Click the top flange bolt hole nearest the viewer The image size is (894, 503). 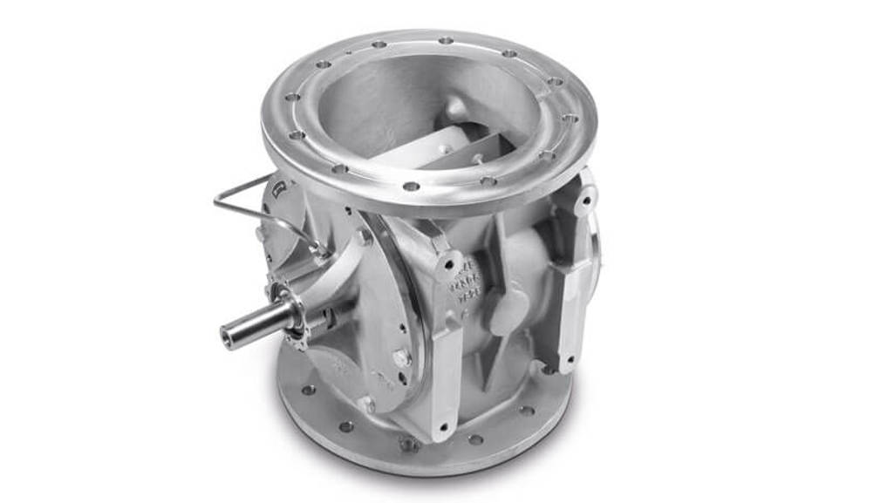point(411,186)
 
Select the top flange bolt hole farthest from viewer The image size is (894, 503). point(446,40)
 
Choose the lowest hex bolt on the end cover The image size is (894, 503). point(367,404)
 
